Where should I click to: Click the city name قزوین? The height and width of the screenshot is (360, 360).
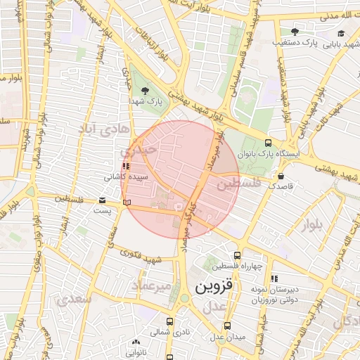point(212,288)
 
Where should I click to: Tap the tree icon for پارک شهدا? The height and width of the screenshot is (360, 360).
point(146,91)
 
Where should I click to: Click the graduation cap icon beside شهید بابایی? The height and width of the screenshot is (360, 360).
point(341,33)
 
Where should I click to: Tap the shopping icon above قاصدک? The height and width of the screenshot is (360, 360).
point(282,176)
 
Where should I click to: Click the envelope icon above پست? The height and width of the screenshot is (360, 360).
point(103,200)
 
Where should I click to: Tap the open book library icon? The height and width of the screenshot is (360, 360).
point(127,202)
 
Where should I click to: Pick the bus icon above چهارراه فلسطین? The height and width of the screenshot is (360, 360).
point(237,255)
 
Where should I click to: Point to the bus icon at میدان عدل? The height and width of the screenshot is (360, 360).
point(227,326)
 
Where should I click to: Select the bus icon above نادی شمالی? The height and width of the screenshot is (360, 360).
point(169,321)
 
